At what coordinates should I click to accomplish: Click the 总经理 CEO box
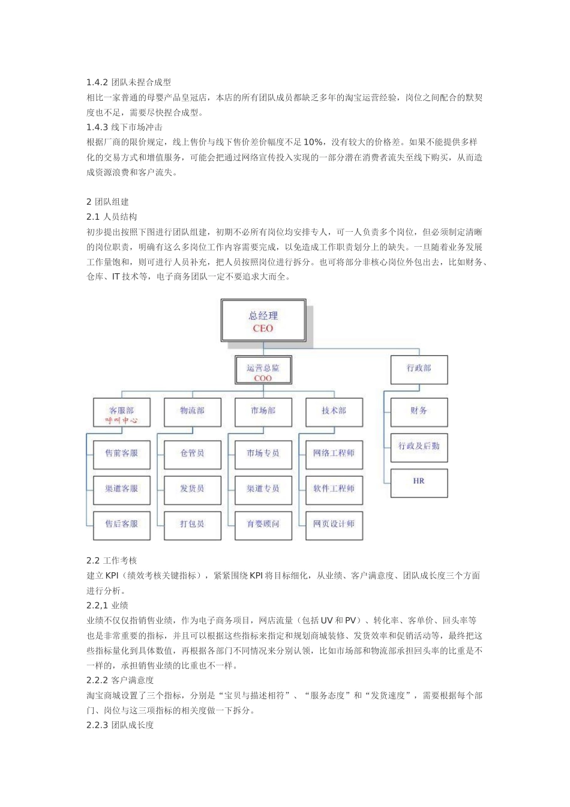click(x=263, y=322)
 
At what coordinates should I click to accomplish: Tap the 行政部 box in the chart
click(x=419, y=369)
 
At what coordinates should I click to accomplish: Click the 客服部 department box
click(x=122, y=414)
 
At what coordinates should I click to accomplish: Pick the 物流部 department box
click(x=192, y=411)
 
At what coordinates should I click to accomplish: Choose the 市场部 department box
click(x=263, y=411)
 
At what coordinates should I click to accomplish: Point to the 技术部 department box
click(x=334, y=411)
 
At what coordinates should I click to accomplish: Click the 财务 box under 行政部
click(x=419, y=411)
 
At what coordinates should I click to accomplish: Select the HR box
click(x=419, y=482)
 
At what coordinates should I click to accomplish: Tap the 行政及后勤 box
click(x=419, y=447)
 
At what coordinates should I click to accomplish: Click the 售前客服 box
click(x=122, y=454)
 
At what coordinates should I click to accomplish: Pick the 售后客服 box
click(x=122, y=525)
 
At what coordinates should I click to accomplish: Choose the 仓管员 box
click(x=192, y=454)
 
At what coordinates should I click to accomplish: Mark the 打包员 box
click(x=192, y=525)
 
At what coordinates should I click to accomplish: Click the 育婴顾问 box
click(x=263, y=525)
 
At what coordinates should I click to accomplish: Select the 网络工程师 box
click(x=334, y=454)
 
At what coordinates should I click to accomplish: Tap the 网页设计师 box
click(x=334, y=525)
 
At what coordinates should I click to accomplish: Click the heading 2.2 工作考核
click(x=112, y=561)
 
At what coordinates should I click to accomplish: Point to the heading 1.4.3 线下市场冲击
click(x=124, y=127)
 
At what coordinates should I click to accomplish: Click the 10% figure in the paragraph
click(x=313, y=142)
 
